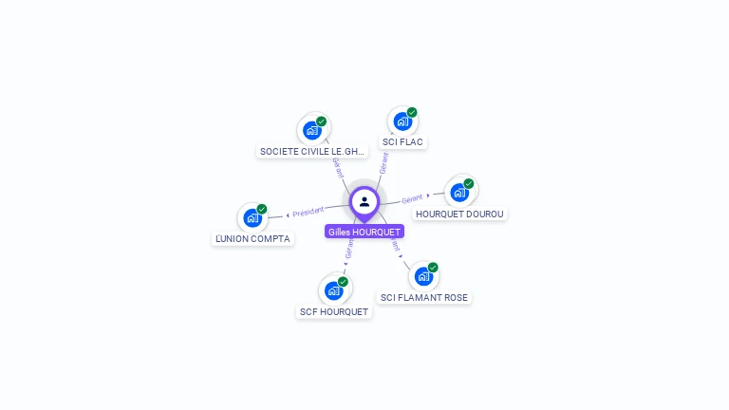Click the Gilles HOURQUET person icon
(x=364, y=201)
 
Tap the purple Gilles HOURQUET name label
(x=364, y=232)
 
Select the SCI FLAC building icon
(x=402, y=121)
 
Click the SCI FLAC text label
(x=402, y=142)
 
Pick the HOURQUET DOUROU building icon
(x=459, y=193)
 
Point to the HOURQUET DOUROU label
(x=460, y=214)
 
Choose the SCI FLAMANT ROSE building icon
(x=423, y=276)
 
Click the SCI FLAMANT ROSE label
(x=424, y=297)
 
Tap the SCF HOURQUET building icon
(x=333, y=290)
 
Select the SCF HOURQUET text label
(x=334, y=311)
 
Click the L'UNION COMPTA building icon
(x=252, y=217)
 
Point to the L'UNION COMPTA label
(x=252, y=238)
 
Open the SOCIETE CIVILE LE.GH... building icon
(x=312, y=130)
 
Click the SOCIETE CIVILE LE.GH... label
(x=312, y=151)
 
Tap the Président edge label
(x=308, y=212)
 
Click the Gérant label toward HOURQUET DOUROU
(x=412, y=199)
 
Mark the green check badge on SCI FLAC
(x=412, y=113)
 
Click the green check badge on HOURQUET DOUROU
(x=469, y=183)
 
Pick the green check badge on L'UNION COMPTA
(x=262, y=209)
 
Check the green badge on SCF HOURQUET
(x=343, y=282)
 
